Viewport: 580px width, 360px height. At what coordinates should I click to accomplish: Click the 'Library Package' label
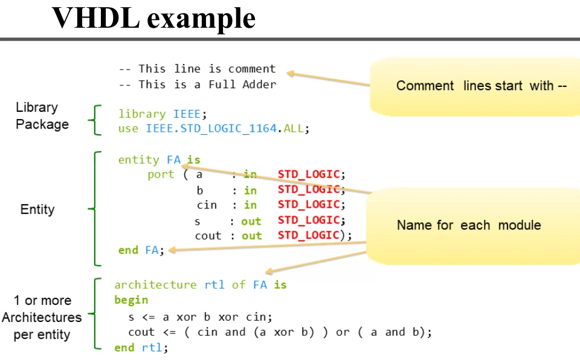42,116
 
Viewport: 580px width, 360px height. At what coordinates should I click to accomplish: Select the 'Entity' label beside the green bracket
37,210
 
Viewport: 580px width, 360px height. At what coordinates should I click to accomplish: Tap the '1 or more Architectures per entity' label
42,318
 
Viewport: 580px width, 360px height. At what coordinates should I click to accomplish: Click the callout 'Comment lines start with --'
481,86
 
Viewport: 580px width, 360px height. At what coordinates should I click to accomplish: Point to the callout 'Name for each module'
468,225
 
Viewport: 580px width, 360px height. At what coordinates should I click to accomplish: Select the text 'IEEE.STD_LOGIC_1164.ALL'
226,129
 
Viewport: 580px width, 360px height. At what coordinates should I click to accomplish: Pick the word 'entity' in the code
138,160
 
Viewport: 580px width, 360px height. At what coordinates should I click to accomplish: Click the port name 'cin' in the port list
207,205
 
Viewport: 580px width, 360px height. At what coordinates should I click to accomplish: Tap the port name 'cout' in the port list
208,236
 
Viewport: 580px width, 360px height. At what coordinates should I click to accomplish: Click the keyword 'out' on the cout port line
251,236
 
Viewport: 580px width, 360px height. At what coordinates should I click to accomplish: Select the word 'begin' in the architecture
131,300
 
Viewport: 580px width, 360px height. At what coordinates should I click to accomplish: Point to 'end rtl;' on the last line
141,347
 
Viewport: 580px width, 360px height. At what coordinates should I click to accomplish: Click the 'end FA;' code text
141,250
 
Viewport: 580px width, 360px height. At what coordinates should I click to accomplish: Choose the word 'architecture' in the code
155,284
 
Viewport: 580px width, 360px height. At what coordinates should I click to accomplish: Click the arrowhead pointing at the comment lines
291,74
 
